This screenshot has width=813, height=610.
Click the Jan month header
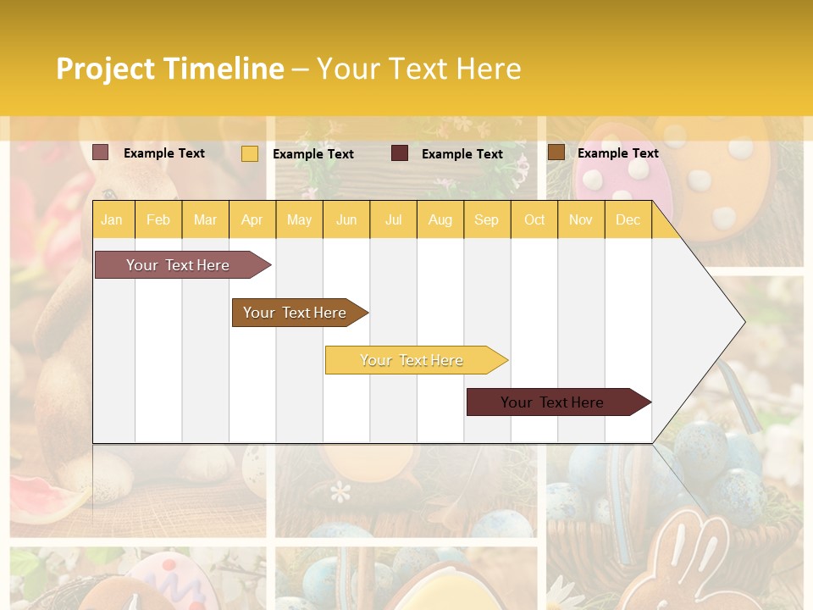click(x=112, y=219)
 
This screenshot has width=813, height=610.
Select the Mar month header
click(x=205, y=219)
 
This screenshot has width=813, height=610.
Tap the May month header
click(x=299, y=219)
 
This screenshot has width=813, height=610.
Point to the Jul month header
click(x=393, y=219)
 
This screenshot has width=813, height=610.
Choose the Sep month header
click(x=486, y=219)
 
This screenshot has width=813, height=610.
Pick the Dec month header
click(x=628, y=219)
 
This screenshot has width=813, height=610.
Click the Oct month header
click(x=534, y=219)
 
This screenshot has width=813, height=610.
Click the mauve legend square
click(x=101, y=152)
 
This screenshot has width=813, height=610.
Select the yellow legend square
click(x=250, y=153)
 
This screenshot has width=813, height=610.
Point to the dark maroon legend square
click(x=400, y=153)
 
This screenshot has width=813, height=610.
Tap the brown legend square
click(x=556, y=152)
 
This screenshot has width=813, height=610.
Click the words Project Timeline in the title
click(x=169, y=69)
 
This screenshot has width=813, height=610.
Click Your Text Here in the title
click(x=418, y=69)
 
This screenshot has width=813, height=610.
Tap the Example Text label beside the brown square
click(x=617, y=153)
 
